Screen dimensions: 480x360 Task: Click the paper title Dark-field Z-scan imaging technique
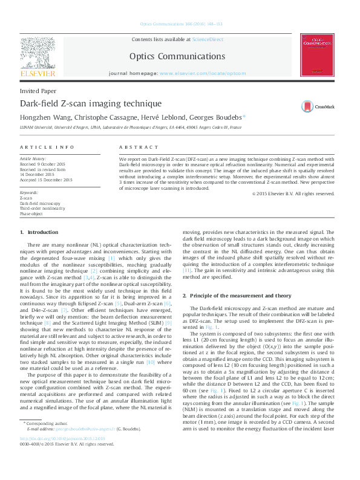(82, 103)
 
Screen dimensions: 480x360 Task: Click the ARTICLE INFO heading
(47, 147)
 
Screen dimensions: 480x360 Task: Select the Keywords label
(29, 192)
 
